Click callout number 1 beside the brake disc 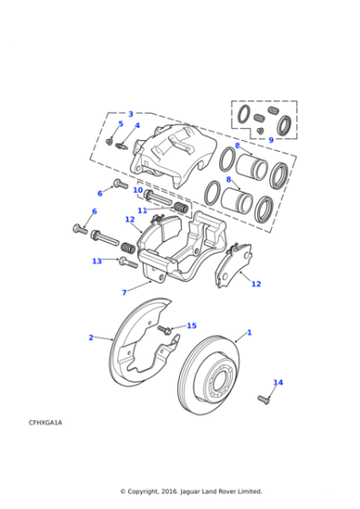[249, 333]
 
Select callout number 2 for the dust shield [90, 337]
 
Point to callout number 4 [137, 125]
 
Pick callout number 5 [120, 124]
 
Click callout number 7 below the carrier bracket [124, 293]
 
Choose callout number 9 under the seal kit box [270, 140]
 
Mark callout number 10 [138, 190]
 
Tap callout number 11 [143, 210]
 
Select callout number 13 [96, 261]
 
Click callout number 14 [278, 383]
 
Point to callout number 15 [191, 325]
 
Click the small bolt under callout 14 [265, 398]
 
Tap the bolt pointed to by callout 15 [165, 328]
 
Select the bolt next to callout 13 [127, 263]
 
